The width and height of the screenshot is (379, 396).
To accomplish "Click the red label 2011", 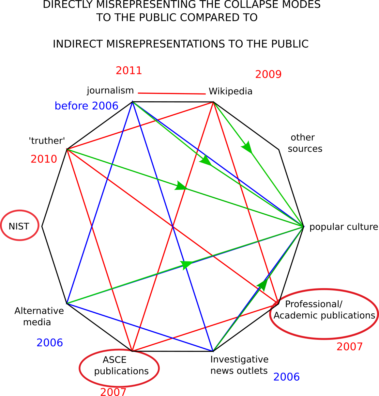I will coord(129,71).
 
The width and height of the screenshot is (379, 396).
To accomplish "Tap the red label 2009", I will coord(268,74).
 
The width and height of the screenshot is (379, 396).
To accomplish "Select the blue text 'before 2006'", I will coord(86,106).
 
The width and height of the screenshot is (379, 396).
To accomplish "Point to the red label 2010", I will coord(44,159).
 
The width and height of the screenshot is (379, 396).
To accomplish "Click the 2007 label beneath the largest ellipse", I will coord(349,347).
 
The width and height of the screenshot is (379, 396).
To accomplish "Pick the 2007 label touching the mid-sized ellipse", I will coord(113,392).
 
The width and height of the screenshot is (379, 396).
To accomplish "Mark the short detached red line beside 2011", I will coord(172,93).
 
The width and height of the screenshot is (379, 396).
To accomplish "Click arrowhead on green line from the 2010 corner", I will coord(180,186).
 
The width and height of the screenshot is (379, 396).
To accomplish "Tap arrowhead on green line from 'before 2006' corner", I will coord(206,161).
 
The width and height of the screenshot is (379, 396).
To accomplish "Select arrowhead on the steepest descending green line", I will coord(247,147).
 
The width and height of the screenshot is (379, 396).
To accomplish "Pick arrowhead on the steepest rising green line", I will coord(262,285).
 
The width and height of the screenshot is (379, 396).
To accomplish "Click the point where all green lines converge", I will coord(303,226).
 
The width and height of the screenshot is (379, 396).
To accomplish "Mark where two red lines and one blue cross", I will coord(172,226).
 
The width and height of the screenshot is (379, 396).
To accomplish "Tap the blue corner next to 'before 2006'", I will coord(132,103).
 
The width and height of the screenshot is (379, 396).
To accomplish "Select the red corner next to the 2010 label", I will coord(68,150).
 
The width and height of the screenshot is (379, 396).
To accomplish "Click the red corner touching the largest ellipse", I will coord(278,302).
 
